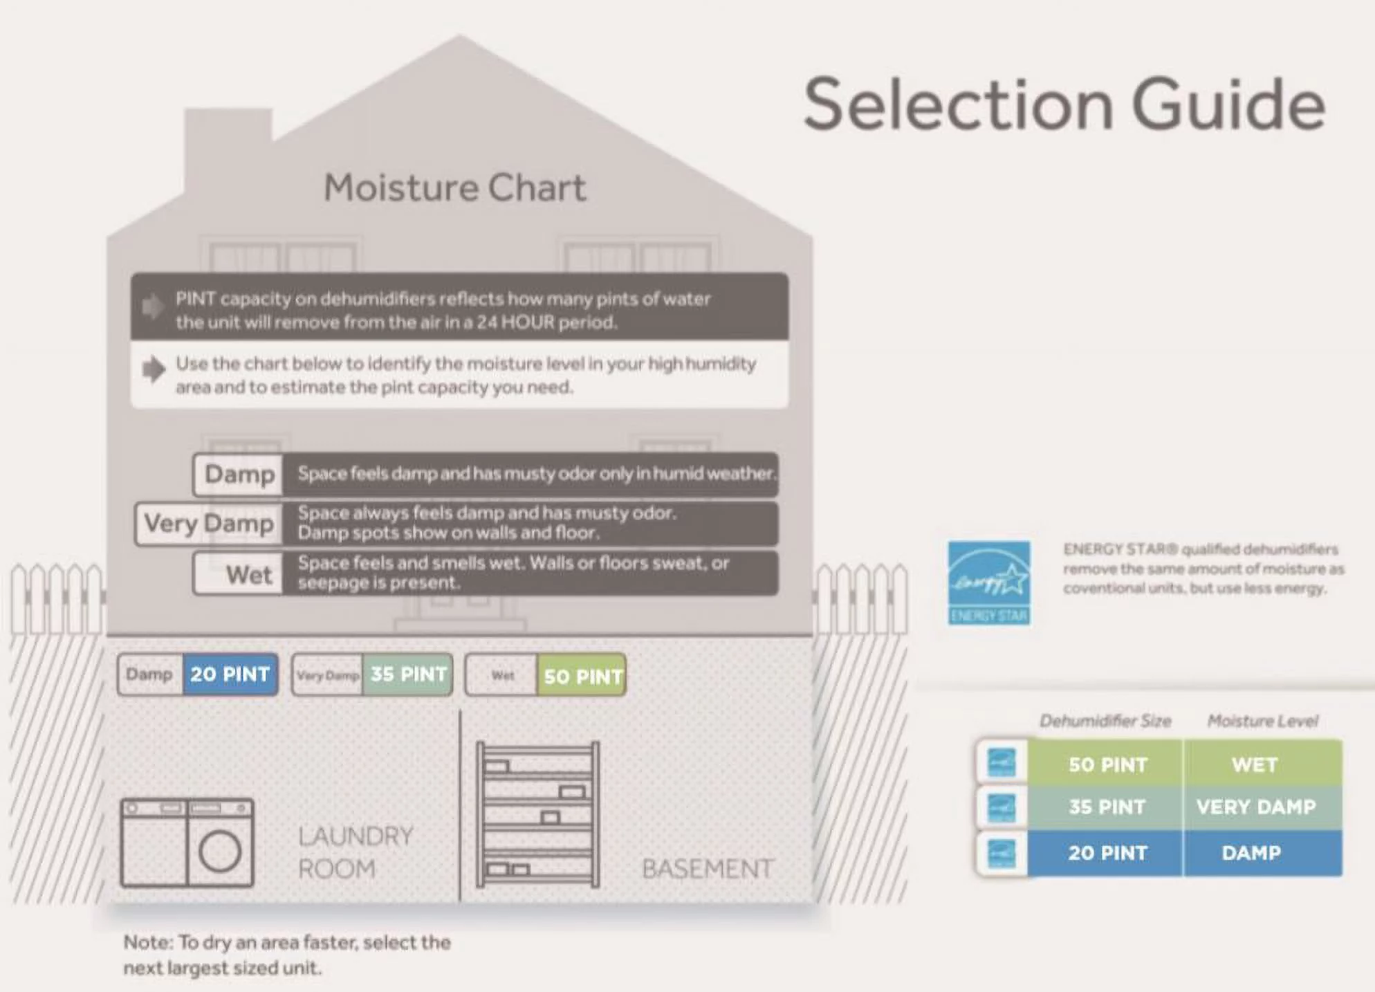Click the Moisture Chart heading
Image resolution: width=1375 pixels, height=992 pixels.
[x=454, y=187]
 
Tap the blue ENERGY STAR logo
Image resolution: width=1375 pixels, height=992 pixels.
[x=989, y=583]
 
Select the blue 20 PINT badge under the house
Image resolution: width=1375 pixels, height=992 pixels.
[x=230, y=674]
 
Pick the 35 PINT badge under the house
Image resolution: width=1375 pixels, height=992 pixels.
[x=408, y=674]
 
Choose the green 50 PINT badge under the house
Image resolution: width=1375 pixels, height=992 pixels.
[x=582, y=676]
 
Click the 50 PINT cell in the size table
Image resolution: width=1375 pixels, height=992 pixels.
[x=1107, y=764]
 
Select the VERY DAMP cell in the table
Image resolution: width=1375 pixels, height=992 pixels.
[x=1256, y=807]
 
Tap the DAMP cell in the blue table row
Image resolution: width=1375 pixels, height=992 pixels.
[x=1251, y=853]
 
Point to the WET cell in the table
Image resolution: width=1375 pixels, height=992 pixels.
[x=1255, y=764]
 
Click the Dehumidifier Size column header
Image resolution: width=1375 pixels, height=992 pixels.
[x=1105, y=721]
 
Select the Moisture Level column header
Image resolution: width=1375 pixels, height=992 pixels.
[x=1263, y=721]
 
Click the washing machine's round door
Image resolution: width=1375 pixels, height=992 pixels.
[x=220, y=851]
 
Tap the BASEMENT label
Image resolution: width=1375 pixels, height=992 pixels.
[x=708, y=869]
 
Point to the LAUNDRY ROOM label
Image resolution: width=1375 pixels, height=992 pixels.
[x=356, y=852]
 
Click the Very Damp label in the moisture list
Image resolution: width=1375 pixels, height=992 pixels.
[x=209, y=524]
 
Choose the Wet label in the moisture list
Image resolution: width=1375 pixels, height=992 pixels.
[x=248, y=574]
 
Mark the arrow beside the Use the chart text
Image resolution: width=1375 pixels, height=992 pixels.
[x=154, y=369]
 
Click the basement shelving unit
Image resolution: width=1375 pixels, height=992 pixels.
[x=537, y=814]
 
